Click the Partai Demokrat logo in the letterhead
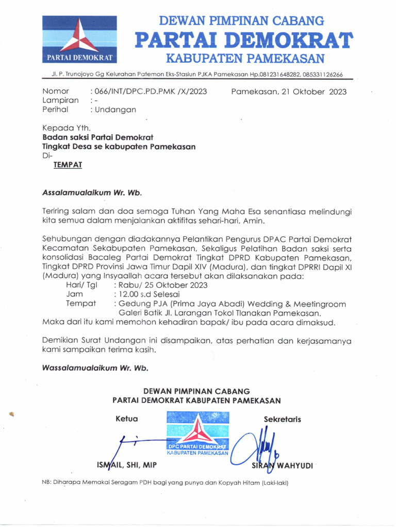click(x=79, y=40)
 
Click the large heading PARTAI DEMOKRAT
click(x=243, y=40)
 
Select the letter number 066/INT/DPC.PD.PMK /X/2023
click(x=148, y=92)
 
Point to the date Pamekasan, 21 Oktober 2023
click(x=289, y=92)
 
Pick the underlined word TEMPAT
click(x=68, y=165)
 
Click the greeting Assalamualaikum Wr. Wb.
click(x=91, y=193)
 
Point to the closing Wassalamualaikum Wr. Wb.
click(x=95, y=368)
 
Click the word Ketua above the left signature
click(x=127, y=419)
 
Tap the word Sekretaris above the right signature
click(x=283, y=419)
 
